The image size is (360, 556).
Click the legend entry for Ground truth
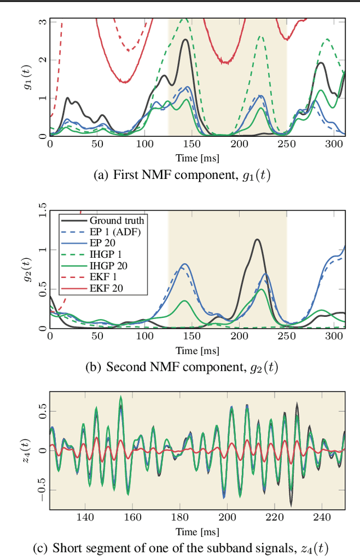[116, 220]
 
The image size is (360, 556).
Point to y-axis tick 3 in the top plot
[43, 21]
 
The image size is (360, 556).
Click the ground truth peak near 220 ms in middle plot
[257, 240]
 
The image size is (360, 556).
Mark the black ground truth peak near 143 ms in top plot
[184, 39]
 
